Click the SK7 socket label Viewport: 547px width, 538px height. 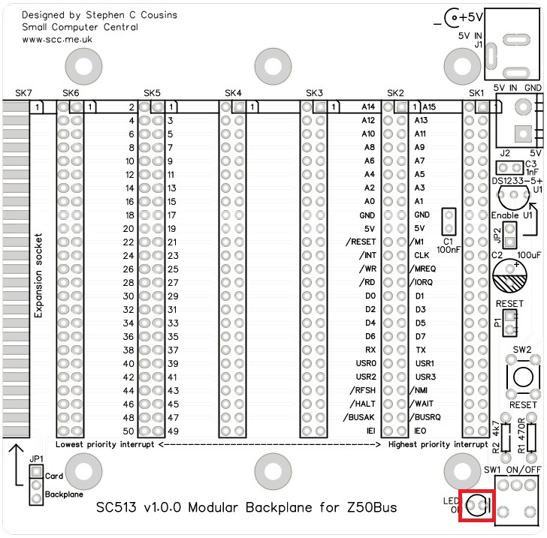pos(24,93)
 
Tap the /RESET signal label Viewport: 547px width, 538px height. pos(360,242)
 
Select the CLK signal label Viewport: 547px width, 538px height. pos(422,255)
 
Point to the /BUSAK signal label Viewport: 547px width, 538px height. pos(359,417)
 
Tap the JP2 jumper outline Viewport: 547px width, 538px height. pos(509,236)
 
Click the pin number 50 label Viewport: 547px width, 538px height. pos(128,431)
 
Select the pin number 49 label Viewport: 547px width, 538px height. pos(173,431)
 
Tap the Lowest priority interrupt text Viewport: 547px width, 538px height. pos(104,444)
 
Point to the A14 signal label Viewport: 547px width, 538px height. pos(367,107)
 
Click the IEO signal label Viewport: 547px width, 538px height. pos(421,431)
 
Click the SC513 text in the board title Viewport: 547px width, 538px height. pos(118,507)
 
